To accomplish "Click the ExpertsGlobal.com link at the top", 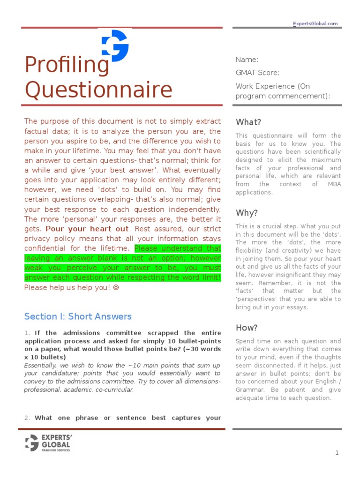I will (315, 24).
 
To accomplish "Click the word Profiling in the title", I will (67, 66).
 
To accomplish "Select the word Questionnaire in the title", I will (98, 89).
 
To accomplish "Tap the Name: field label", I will (247, 60).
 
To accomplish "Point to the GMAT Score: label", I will (257, 73).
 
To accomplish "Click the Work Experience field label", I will (272, 86).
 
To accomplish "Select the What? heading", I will (248, 122).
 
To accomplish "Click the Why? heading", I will (247, 213).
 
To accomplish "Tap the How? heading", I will (247, 328).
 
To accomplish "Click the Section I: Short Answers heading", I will (78, 316).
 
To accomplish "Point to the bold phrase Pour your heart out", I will (87, 229).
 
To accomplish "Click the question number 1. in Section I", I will (27, 333).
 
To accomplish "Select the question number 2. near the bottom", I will (27, 418).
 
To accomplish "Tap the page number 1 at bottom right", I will (337, 453).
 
